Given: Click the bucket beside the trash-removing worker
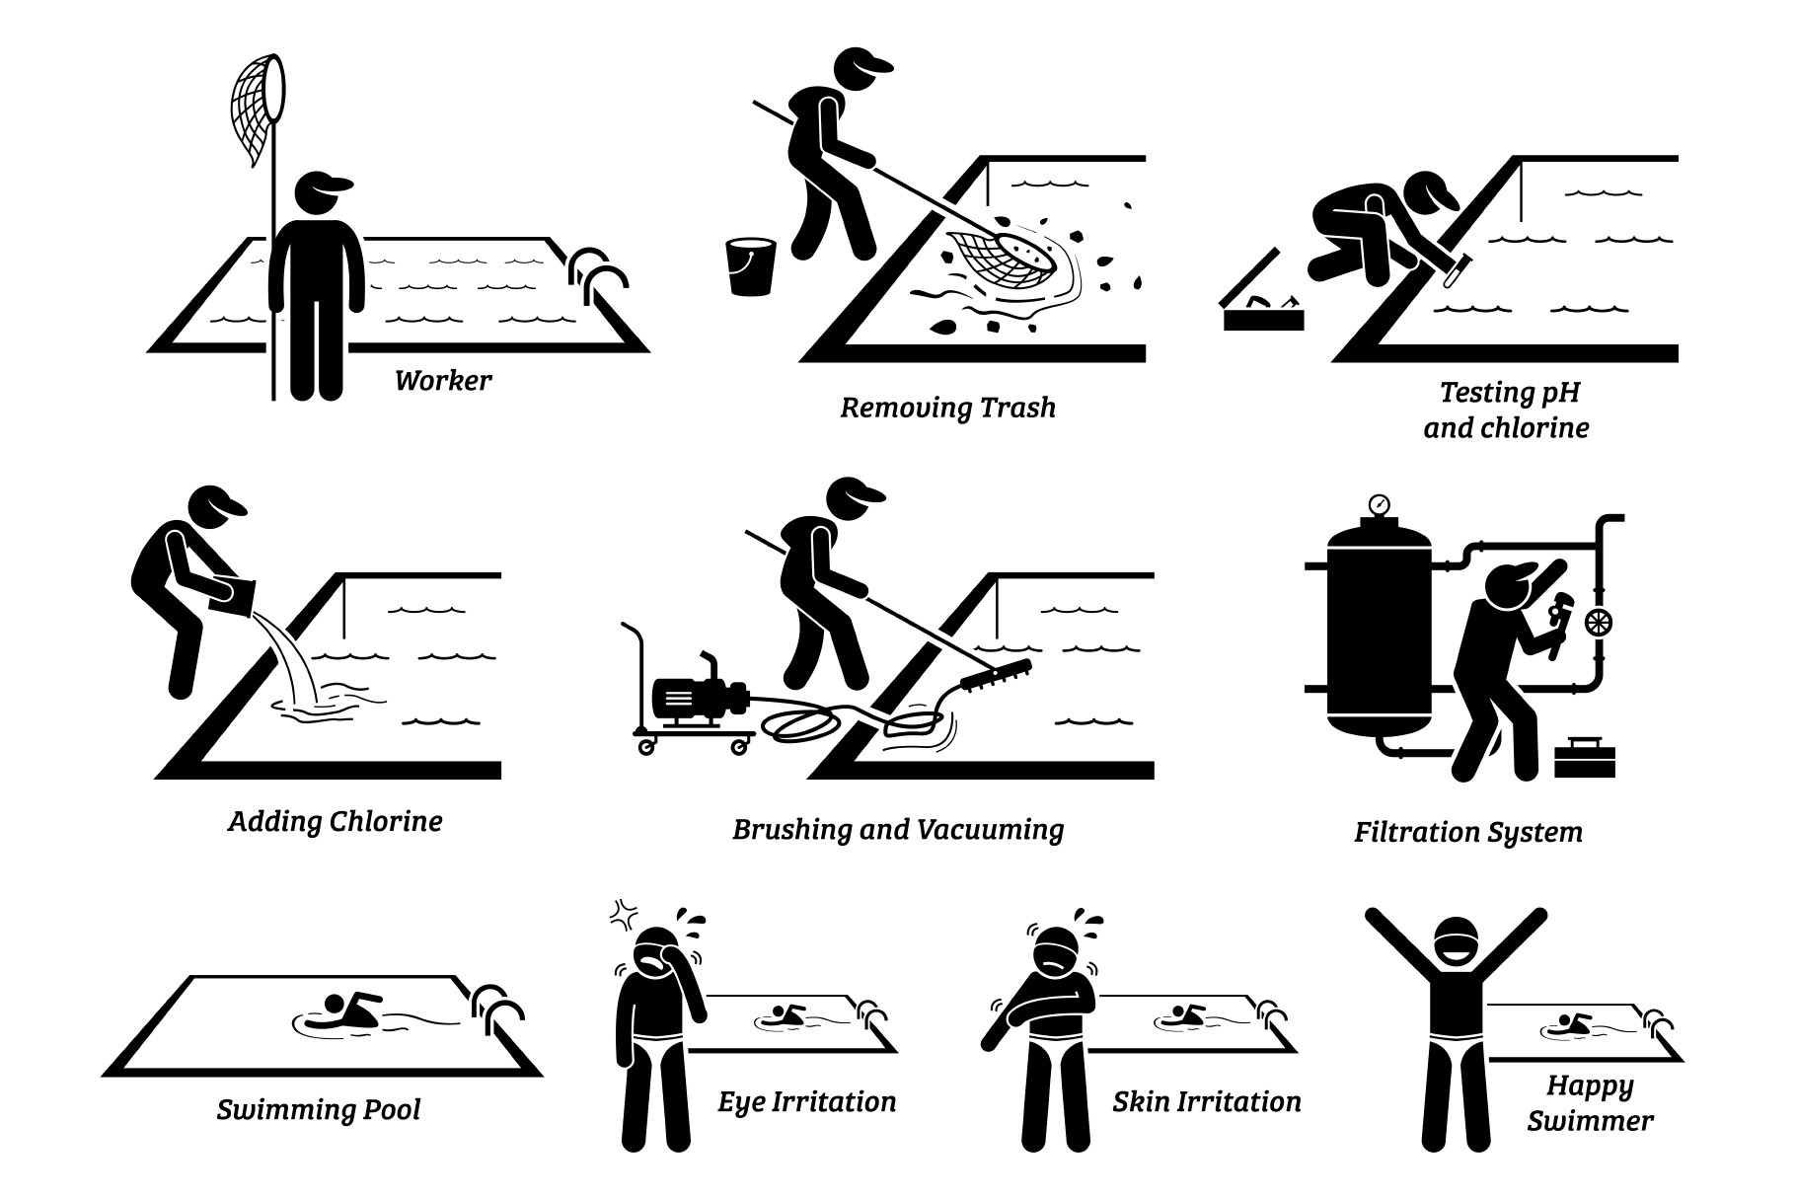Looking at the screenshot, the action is click(x=750, y=265).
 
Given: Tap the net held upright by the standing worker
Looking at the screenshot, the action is click(x=258, y=109).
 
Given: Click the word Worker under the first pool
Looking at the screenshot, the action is click(x=443, y=380).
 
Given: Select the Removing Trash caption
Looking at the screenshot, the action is click(x=947, y=408).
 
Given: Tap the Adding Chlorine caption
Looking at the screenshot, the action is click(x=336, y=821).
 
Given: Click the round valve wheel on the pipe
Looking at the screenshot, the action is click(x=1599, y=622).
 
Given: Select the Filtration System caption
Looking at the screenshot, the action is click(x=1467, y=832).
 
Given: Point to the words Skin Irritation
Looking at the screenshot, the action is click(x=1207, y=1101).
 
